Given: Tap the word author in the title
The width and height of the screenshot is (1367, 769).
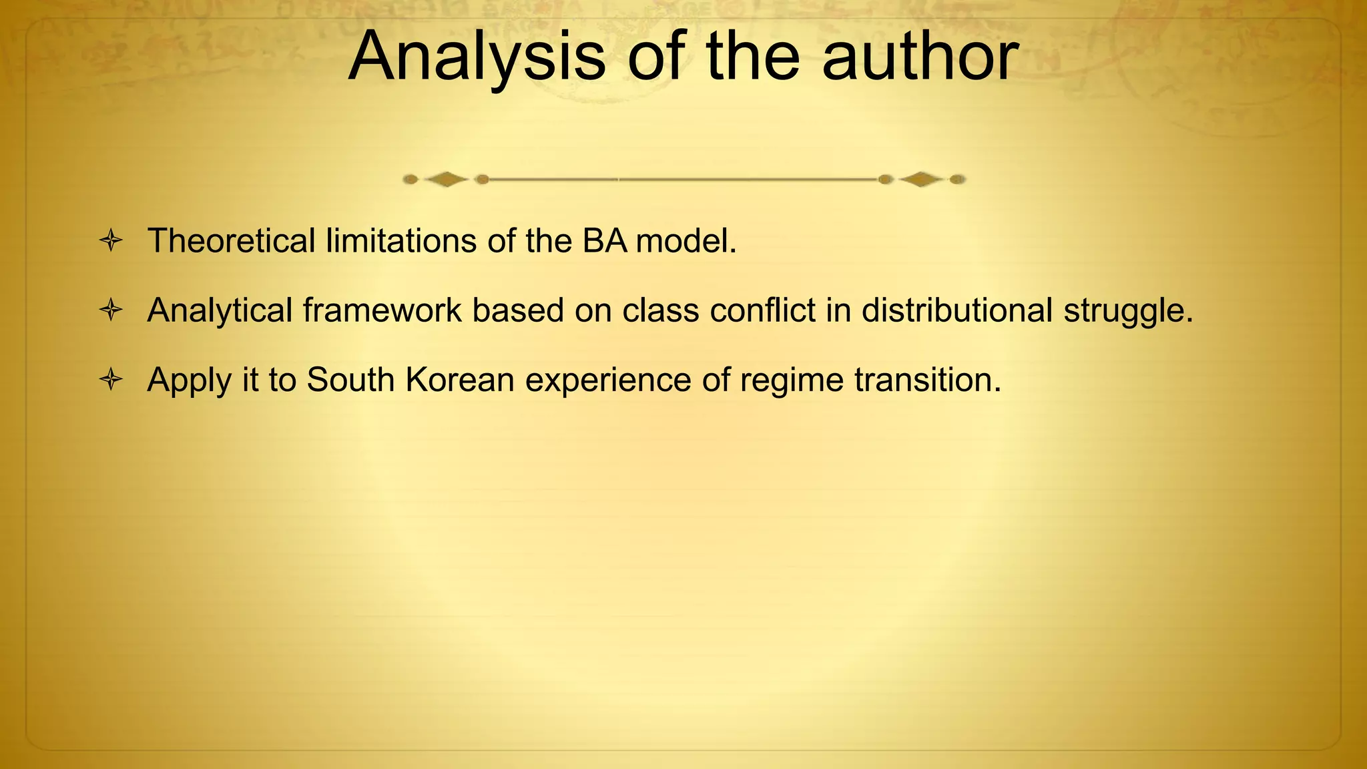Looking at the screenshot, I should click(920, 57).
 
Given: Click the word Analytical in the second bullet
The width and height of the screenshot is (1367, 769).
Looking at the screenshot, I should click(220, 310).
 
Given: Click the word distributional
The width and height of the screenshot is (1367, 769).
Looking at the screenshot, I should click(956, 310).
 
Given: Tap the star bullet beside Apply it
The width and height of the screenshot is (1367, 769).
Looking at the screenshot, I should click(111, 380).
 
